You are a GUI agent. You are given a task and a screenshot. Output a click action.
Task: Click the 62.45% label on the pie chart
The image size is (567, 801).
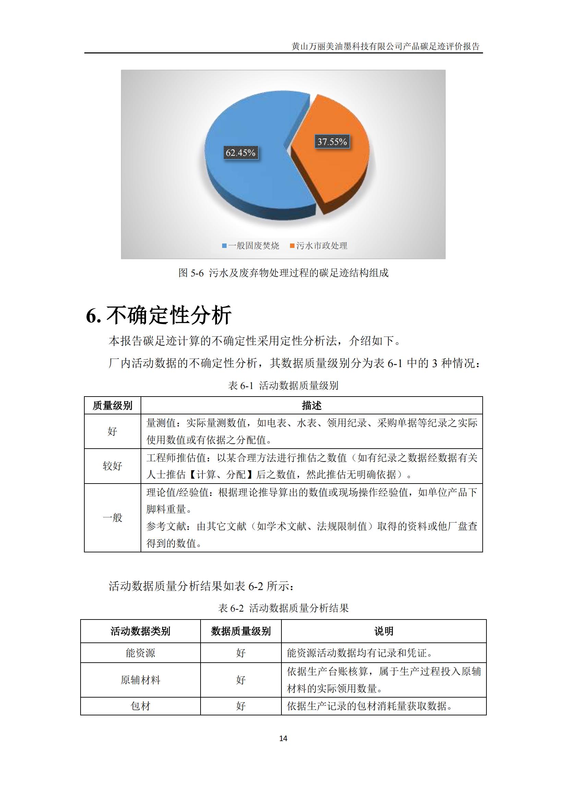[240, 152]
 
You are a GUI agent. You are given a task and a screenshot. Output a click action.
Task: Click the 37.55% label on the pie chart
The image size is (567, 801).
[332, 142]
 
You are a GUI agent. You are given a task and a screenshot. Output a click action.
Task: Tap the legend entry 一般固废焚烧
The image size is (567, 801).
[250, 246]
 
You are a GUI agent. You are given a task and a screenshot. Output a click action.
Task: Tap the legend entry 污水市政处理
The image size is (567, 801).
[318, 246]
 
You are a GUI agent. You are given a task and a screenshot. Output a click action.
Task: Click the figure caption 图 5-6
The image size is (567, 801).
[283, 273]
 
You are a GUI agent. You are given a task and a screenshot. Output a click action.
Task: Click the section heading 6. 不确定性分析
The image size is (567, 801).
[159, 315]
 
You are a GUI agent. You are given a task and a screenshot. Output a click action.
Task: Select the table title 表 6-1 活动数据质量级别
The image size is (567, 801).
[283, 386]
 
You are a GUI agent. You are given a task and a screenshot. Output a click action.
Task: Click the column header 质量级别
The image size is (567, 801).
[112, 405]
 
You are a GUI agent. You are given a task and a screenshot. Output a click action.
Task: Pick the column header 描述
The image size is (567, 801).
[311, 405]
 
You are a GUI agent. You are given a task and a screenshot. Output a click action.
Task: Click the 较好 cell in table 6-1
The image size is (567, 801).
[112, 466]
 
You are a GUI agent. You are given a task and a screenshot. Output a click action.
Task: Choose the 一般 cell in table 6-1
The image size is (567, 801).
[112, 517]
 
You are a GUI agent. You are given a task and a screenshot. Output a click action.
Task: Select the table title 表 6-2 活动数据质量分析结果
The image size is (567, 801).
[283, 608]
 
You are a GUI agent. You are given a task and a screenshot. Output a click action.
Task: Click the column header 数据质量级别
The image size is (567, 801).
[241, 631]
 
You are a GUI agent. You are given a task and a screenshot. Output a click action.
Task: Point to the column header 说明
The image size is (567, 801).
[383, 631]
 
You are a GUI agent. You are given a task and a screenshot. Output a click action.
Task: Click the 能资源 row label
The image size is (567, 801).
[140, 653]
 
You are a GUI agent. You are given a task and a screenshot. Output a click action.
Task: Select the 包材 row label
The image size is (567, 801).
[140, 706]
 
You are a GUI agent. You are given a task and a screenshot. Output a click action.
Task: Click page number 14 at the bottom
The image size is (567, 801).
[283, 738]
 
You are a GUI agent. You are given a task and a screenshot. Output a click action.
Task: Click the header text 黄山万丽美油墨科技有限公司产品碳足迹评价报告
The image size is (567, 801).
[385, 46]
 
